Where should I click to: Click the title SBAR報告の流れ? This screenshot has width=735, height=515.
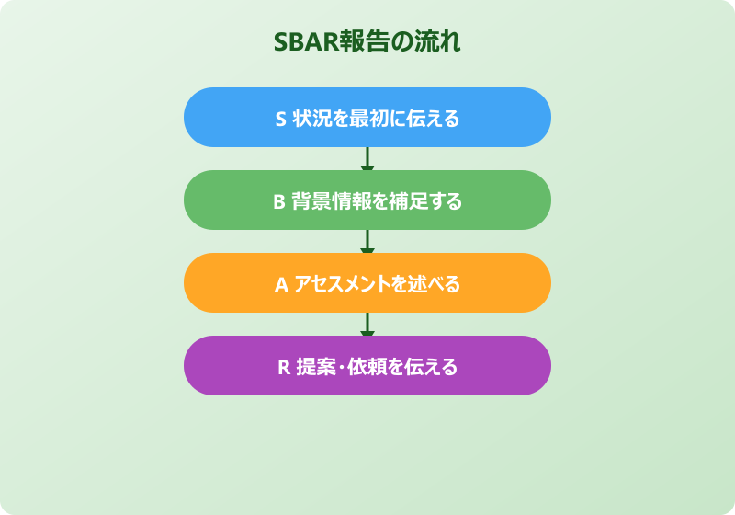367,42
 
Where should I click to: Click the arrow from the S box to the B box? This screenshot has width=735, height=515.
367,159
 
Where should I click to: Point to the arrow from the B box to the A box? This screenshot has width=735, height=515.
367,242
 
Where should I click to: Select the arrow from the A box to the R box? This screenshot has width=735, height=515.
367,325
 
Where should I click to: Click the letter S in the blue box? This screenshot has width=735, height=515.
281,119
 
